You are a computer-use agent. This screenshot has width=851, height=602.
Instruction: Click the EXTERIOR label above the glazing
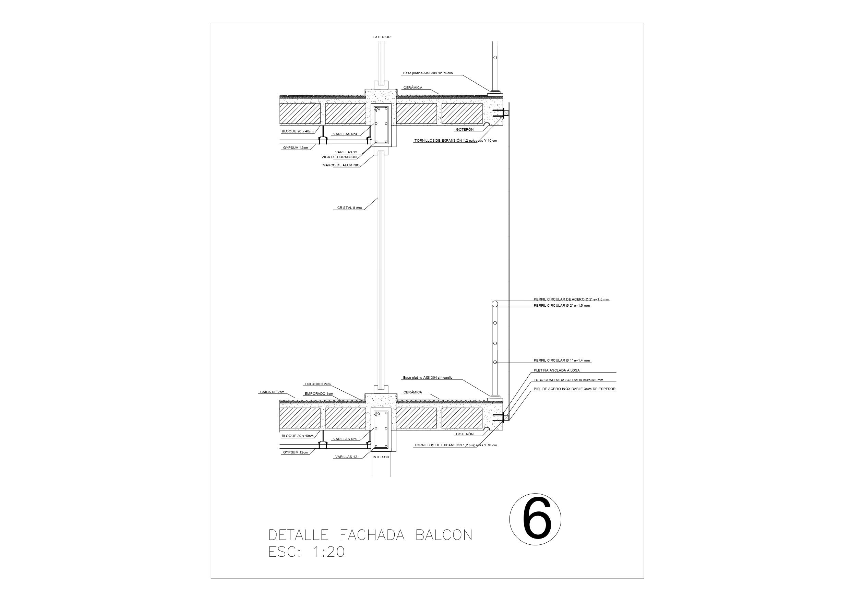pos(381,37)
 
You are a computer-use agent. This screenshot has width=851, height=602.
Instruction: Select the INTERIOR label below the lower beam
pos(381,457)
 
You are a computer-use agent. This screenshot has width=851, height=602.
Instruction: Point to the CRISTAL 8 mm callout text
pos(349,208)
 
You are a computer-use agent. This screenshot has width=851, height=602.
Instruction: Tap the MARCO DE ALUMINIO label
pos(341,165)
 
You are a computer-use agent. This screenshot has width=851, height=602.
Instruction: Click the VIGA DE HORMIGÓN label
pos(339,157)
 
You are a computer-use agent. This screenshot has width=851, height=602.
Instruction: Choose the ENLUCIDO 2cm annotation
pos(317,384)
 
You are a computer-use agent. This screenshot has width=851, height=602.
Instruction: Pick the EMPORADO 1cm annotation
pos(319,393)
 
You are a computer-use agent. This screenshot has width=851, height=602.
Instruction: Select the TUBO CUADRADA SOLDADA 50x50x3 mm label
pos(568,380)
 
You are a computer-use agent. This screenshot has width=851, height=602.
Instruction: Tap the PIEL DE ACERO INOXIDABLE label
pos(574,389)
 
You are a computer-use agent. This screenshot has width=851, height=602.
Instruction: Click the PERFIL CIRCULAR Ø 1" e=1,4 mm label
pos(562,361)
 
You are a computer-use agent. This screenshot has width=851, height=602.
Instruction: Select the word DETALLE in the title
pos(298,535)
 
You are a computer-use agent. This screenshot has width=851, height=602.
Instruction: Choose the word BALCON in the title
pos(444,535)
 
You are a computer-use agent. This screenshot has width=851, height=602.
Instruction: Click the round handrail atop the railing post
pos(495,304)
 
